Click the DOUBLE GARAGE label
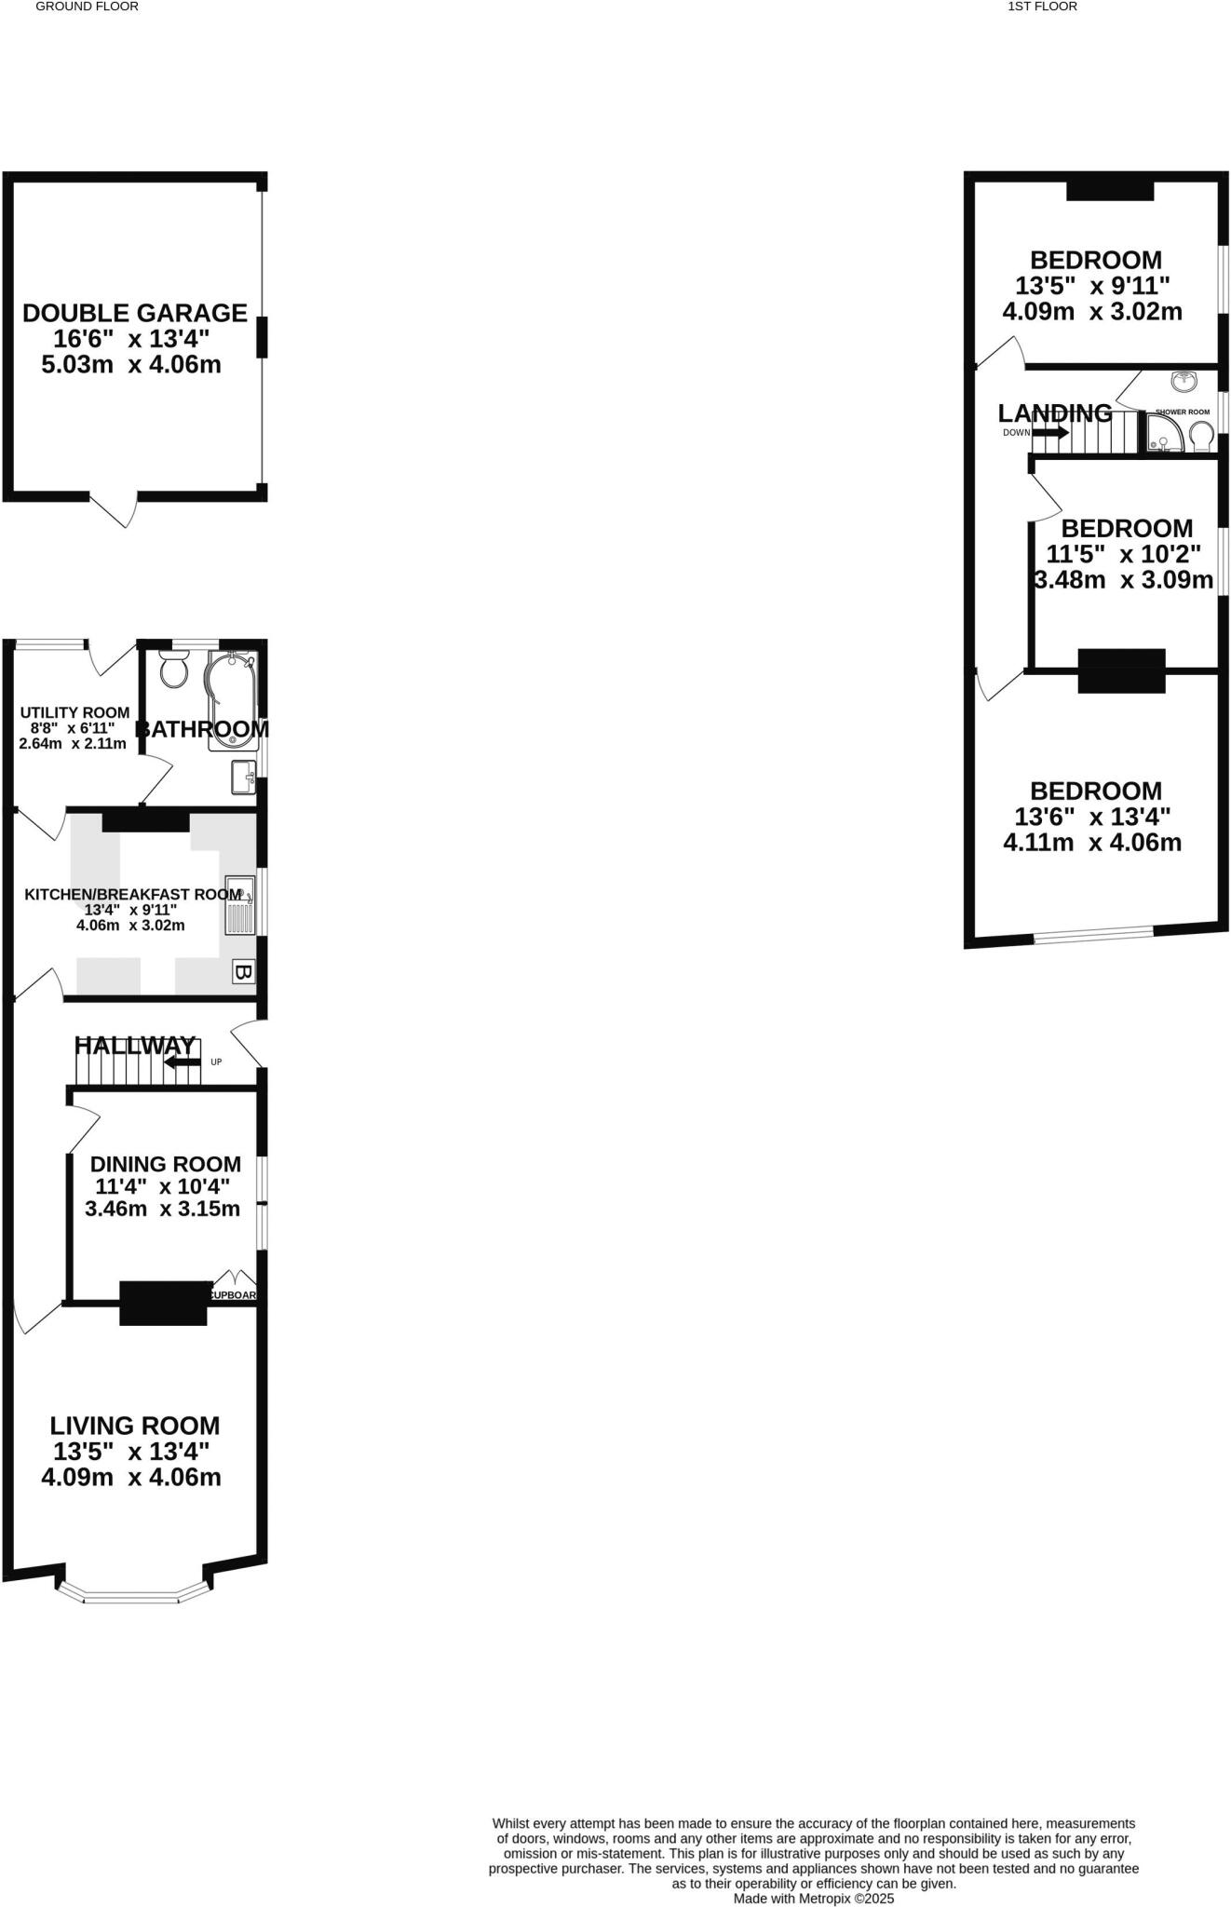point(135,313)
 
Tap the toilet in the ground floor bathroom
point(174,669)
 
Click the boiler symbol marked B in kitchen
point(242,972)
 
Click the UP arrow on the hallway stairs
point(183,1062)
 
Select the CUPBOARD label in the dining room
point(233,1294)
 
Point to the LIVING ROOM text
point(135,1426)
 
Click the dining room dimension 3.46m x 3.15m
point(162,1210)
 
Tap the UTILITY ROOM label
point(74,712)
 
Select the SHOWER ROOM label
point(1182,412)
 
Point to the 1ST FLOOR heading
point(1042,7)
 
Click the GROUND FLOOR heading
point(87,7)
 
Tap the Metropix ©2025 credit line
point(813,1898)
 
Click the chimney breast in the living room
point(163,1303)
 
